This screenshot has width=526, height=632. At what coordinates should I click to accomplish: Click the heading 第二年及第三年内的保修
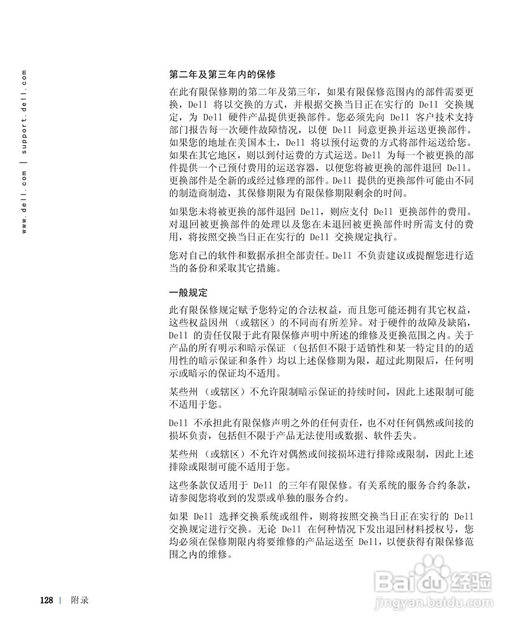(x=222, y=75)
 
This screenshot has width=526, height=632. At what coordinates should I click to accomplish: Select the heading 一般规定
(x=188, y=292)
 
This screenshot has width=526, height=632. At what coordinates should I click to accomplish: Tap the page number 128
(x=46, y=600)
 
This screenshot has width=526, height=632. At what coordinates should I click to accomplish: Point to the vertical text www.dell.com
(x=24, y=202)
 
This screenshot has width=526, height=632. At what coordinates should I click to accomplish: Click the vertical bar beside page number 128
(x=60, y=600)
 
